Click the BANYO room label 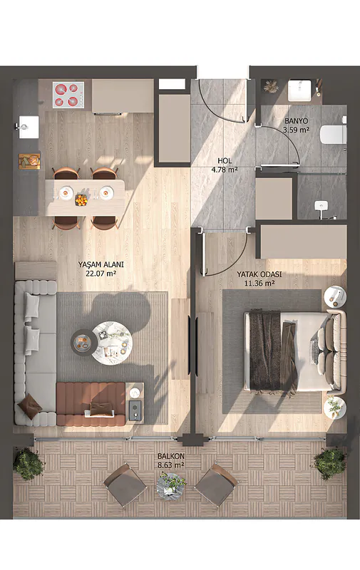click(x=297, y=120)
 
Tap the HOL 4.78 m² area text click(x=225, y=165)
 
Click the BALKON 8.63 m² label click(x=171, y=460)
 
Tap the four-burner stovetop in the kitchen click(x=68, y=95)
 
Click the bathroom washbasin click(x=299, y=90)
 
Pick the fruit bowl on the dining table click(x=81, y=199)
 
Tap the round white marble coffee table click(x=112, y=343)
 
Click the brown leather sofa click(x=91, y=404)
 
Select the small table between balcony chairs click(x=171, y=486)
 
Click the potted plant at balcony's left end click(x=29, y=465)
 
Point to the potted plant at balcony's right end click(x=330, y=463)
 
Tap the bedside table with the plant click(x=335, y=407)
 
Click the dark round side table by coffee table click(x=84, y=341)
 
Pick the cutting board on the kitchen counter click(x=29, y=161)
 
